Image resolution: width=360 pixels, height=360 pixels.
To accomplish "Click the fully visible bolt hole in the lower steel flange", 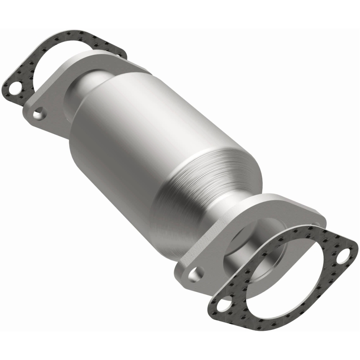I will [x=195, y=273].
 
